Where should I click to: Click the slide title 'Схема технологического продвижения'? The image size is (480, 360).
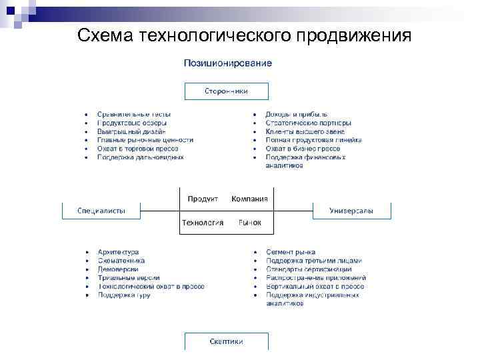(244, 35)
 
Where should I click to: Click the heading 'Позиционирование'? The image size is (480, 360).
(227, 63)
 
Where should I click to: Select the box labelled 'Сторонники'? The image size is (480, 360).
(226, 91)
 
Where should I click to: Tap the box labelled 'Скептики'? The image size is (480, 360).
(226, 341)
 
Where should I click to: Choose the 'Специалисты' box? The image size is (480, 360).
(101, 211)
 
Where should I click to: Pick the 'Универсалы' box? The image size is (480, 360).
(351, 211)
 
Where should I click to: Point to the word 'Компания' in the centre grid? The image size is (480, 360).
(249, 199)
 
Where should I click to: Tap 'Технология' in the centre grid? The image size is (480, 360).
(203, 223)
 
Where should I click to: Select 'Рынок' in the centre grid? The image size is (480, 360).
(249, 223)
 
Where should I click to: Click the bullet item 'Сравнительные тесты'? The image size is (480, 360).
(133, 115)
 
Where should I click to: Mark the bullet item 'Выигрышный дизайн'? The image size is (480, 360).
(131, 131)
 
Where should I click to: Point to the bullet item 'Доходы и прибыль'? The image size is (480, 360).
(296, 115)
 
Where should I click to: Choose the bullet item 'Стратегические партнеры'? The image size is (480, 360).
(308, 123)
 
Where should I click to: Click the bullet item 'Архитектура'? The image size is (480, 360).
(118, 252)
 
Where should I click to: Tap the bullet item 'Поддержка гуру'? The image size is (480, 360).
(123, 295)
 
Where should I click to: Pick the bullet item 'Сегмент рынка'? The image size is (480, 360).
(291, 252)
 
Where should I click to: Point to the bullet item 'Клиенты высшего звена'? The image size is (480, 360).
(305, 131)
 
